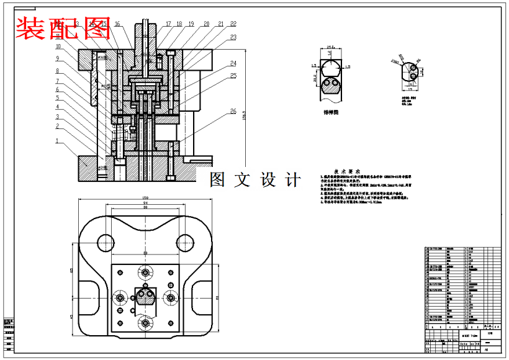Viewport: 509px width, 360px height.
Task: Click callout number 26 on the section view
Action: pos(233,111)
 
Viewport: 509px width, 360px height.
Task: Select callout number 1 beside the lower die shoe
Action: pos(57,141)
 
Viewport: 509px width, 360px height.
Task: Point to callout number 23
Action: pos(233,37)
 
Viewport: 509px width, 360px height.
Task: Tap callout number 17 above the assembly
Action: pos(168,24)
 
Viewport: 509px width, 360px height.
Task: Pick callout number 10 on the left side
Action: pos(58,46)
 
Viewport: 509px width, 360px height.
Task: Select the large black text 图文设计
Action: pos(255,180)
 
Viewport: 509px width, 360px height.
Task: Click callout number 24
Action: pos(233,63)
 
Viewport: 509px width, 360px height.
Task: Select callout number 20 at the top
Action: pos(206,24)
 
